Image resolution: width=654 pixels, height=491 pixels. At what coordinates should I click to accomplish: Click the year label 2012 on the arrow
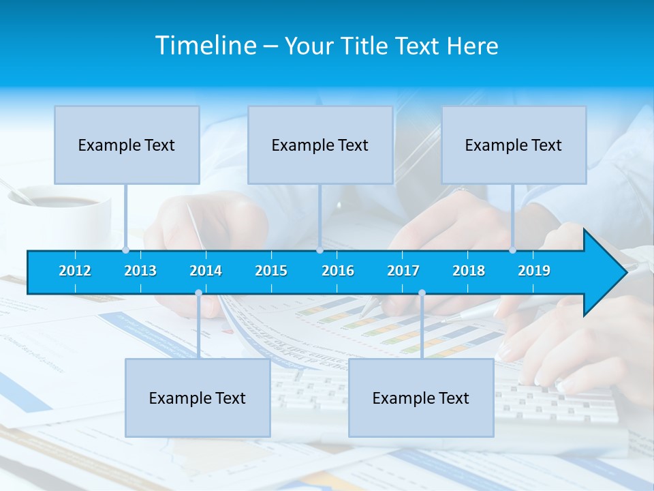tap(75, 271)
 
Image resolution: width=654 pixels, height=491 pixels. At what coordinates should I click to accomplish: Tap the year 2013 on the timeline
tap(140, 271)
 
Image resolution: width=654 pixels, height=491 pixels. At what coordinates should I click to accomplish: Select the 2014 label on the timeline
tap(206, 271)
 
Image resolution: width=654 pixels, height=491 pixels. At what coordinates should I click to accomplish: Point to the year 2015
tap(271, 271)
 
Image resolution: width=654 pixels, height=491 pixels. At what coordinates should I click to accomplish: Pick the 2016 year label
tap(338, 271)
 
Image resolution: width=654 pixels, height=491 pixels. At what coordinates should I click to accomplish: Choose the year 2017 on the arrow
tap(403, 271)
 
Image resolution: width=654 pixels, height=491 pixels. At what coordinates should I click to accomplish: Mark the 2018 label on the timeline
tap(469, 271)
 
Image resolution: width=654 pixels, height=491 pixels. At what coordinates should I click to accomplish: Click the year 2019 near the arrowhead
tap(534, 271)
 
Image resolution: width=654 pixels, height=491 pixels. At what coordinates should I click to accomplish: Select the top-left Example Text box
tap(127, 145)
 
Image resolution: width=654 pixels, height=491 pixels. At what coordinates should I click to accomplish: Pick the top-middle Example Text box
tap(320, 145)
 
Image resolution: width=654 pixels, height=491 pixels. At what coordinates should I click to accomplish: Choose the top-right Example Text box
tap(514, 145)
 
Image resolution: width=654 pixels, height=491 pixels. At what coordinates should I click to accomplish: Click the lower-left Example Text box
tap(198, 398)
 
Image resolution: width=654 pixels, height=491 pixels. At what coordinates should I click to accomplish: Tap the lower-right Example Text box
tap(421, 398)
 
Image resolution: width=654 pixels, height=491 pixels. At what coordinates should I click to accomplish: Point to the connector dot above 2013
tap(125, 250)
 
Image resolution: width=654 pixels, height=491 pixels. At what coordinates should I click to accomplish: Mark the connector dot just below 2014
tap(198, 293)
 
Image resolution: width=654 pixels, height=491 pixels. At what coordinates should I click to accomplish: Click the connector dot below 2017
tap(422, 293)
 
